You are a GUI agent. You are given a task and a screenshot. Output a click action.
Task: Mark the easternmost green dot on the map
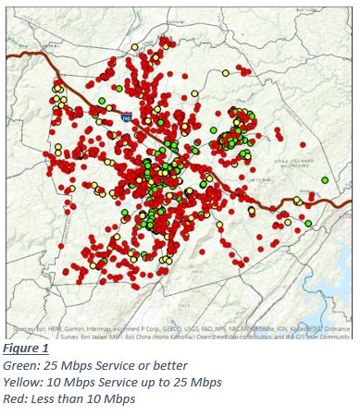click(x=325, y=179)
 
